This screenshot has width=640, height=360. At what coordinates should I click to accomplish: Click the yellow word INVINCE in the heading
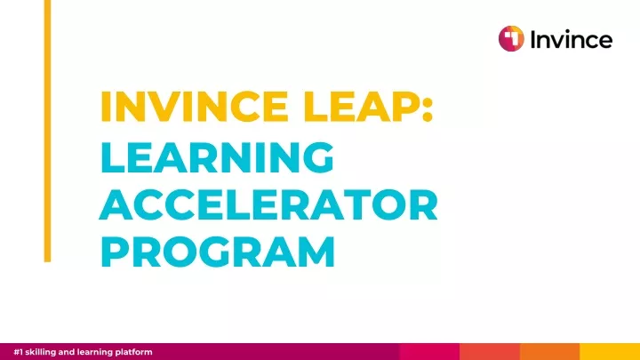click(195, 107)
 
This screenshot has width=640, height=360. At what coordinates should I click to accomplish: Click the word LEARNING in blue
click(217, 157)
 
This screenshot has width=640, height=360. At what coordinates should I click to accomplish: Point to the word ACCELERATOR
click(268, 204)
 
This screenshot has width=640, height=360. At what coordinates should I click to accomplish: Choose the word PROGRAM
click(218, 252)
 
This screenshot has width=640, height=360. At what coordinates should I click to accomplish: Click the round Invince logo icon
click(511, 39)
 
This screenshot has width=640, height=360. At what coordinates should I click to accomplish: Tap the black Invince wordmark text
click(572, 39)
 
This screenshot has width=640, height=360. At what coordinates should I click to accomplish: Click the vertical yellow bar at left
click(47, 131)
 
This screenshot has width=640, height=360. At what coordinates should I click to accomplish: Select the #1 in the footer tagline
click(19, 352)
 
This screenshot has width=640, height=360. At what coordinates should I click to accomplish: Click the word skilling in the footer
click(41, 352)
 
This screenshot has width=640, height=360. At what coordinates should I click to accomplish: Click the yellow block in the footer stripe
click(610, 351)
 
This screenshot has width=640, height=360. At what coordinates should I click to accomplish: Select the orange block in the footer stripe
click(550, 351)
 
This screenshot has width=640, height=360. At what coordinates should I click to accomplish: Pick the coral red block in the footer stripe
click(490, 351)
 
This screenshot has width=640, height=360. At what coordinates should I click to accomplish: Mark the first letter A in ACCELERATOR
click(116, 204)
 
